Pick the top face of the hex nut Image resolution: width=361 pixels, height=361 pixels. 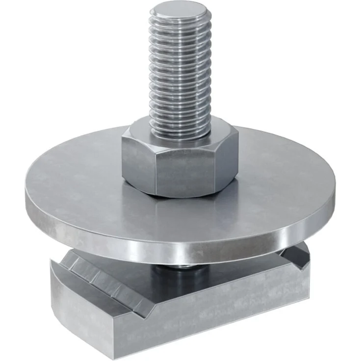147,132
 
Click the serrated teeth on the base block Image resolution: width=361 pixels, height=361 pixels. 105,280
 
